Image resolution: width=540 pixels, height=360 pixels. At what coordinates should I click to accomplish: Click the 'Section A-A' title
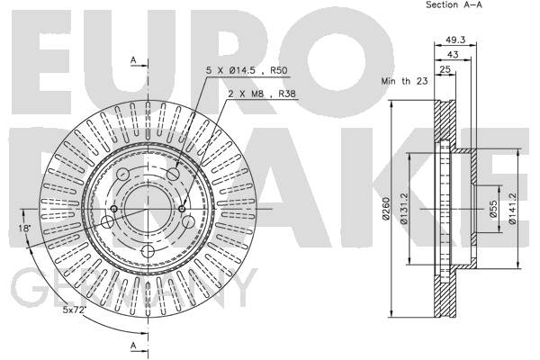454,4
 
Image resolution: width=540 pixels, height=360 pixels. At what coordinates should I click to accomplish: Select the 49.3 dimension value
455,40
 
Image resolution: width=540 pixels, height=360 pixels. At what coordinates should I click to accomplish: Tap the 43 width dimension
453,54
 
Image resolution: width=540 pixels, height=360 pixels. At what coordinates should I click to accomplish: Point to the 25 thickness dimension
445,69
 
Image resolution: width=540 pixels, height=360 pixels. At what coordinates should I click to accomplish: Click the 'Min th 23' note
404,81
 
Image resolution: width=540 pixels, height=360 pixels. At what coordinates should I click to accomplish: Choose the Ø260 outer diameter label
386,209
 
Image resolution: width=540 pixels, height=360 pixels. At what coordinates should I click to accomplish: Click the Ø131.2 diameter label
404,209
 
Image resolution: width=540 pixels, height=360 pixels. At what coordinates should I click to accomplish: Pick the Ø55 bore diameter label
493,209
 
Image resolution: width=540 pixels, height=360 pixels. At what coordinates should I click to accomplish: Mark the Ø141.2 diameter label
512,209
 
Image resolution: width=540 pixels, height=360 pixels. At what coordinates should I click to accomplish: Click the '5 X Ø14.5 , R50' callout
247,70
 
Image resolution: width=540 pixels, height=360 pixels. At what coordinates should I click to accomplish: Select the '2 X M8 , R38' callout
263,94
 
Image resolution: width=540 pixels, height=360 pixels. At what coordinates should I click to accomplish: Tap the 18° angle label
25,228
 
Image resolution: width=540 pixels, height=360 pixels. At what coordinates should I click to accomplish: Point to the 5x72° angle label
74,309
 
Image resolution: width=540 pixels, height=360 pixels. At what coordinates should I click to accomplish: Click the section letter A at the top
133,60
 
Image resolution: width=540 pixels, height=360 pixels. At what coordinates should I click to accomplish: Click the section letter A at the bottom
133,346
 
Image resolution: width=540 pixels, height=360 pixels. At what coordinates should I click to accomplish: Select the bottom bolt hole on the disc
148,251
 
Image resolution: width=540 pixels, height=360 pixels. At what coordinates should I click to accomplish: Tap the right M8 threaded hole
182,209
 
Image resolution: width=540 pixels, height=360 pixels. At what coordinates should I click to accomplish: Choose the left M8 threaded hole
113,209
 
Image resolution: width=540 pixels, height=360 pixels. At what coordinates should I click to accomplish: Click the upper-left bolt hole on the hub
122,174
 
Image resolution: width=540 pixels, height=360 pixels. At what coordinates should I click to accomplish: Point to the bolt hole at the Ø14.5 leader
173,174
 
